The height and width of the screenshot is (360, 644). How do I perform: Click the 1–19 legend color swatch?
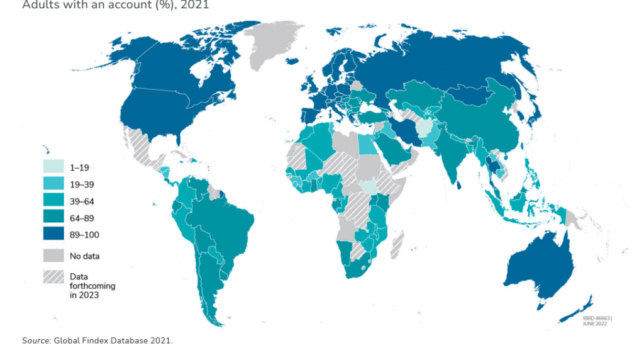53,167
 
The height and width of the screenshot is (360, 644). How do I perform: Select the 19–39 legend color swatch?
53,184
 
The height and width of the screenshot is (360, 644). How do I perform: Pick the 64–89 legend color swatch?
53,218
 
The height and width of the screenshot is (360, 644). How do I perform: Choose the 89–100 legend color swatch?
53,235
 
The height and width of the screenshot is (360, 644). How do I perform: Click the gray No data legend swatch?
53,256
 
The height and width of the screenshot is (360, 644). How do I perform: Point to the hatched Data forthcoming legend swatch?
53,277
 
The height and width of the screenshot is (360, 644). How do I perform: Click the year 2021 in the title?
192,5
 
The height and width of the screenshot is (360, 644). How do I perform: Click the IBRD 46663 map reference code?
592,318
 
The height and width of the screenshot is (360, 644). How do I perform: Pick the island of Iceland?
292,61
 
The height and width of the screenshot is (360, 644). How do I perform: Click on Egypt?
367,143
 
